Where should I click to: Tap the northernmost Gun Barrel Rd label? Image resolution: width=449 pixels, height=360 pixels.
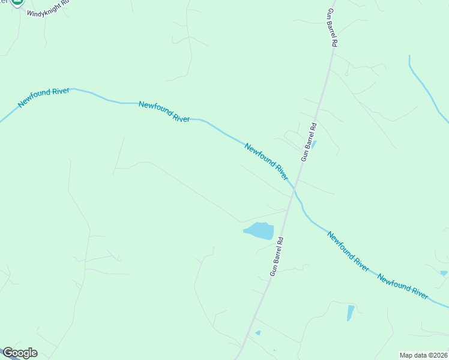point(331,28)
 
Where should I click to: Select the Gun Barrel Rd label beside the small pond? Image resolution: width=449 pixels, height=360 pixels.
point(309,142)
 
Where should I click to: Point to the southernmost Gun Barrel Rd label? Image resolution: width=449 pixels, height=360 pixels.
point(276,256)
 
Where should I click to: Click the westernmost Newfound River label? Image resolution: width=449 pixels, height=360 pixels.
point(44,98)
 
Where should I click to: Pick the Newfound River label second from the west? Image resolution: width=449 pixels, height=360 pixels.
point(164,112)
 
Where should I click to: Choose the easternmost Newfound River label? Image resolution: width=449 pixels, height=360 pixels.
point(402,286)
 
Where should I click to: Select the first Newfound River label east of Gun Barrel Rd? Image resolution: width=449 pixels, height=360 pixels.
point(348,251)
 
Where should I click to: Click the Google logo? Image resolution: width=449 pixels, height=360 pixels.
point(20,353)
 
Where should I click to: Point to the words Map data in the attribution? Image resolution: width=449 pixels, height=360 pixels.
point(412,355)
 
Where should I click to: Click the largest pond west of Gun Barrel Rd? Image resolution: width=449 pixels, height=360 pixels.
point(259,230)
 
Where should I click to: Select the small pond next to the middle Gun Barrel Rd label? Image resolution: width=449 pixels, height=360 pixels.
point(315,144)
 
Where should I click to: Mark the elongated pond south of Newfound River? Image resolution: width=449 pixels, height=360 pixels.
point(350,313)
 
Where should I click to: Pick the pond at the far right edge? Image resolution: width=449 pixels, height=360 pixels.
point(444,273)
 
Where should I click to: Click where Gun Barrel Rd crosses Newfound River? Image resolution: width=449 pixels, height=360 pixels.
point(294,190)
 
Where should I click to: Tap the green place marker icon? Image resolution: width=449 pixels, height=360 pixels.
point(17,2)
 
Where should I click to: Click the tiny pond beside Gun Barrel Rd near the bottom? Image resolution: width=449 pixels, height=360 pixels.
point(258,332)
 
